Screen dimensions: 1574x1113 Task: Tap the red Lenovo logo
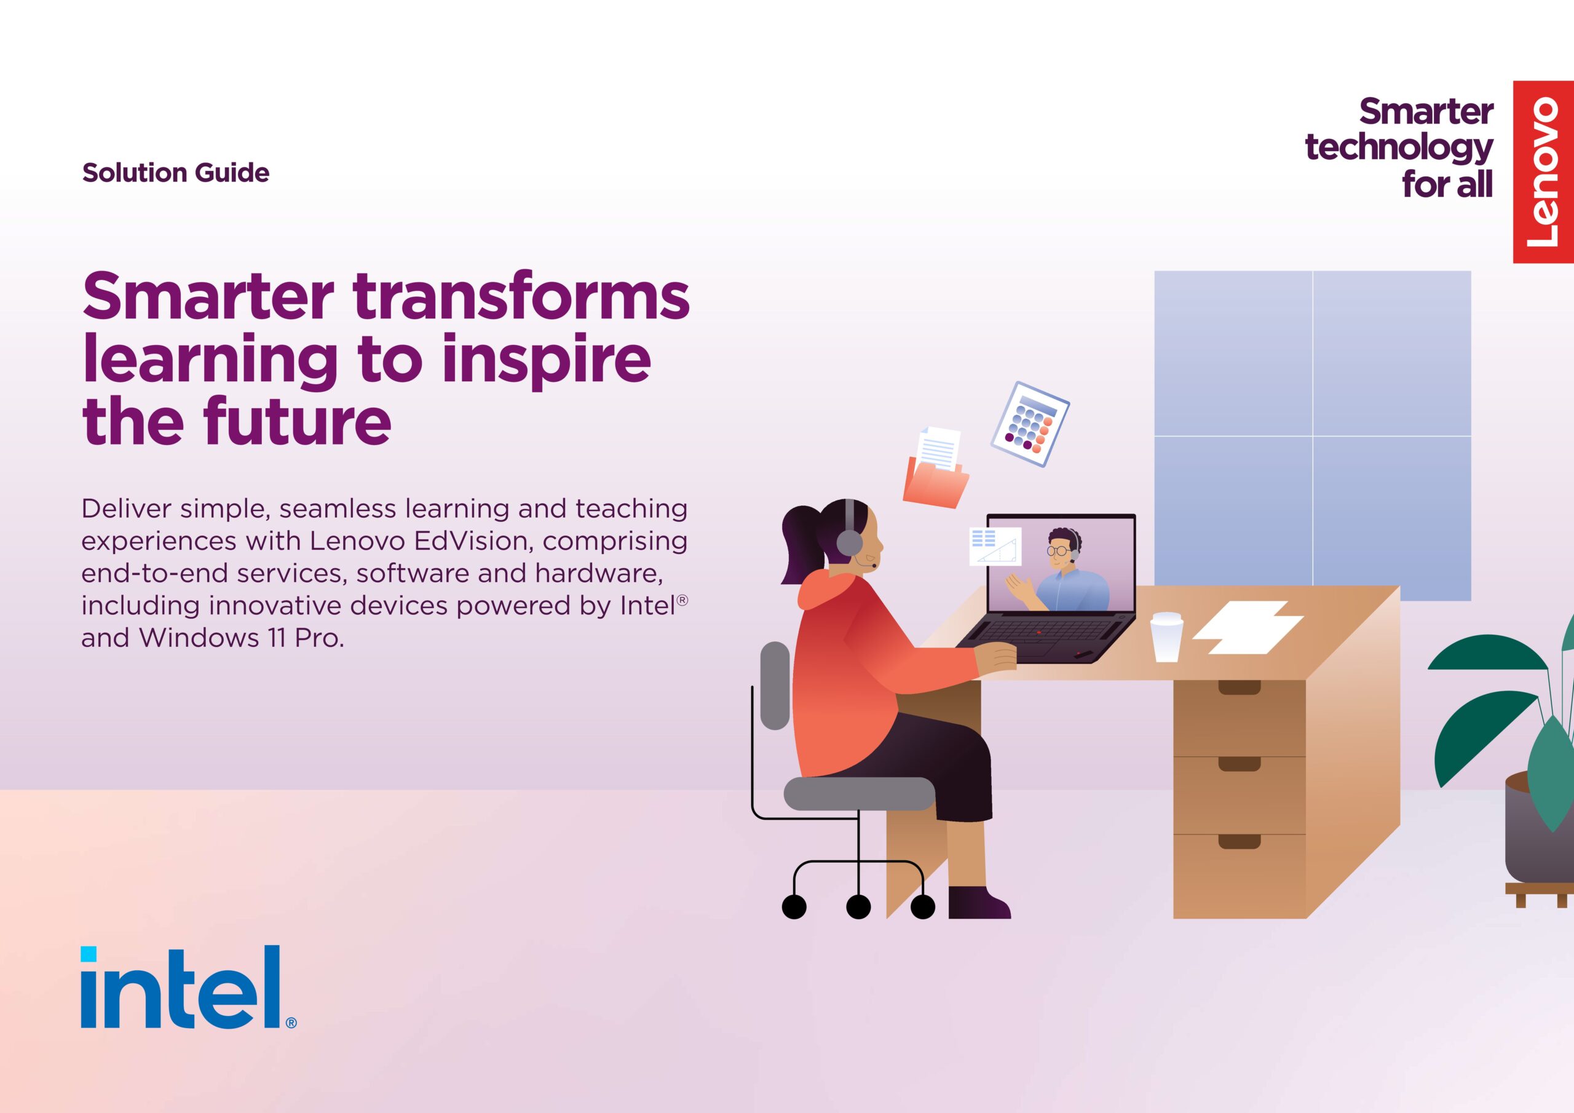point(1543,172)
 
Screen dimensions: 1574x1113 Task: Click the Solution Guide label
point(175,173)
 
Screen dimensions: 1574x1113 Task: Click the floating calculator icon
point(1030,424)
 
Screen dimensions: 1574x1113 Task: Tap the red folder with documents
point(936,469)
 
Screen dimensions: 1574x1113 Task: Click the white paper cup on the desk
point(1166,637)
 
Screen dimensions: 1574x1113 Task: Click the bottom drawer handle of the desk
point(1240,841)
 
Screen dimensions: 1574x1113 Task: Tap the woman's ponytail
point(802,545)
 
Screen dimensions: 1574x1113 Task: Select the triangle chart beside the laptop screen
point(995,547)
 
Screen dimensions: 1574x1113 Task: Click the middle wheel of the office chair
point(858,906)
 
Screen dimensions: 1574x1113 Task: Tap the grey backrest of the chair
point(775,686)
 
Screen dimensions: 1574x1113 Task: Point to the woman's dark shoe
point(979,902)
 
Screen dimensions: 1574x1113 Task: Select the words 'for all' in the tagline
point(1447,184)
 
